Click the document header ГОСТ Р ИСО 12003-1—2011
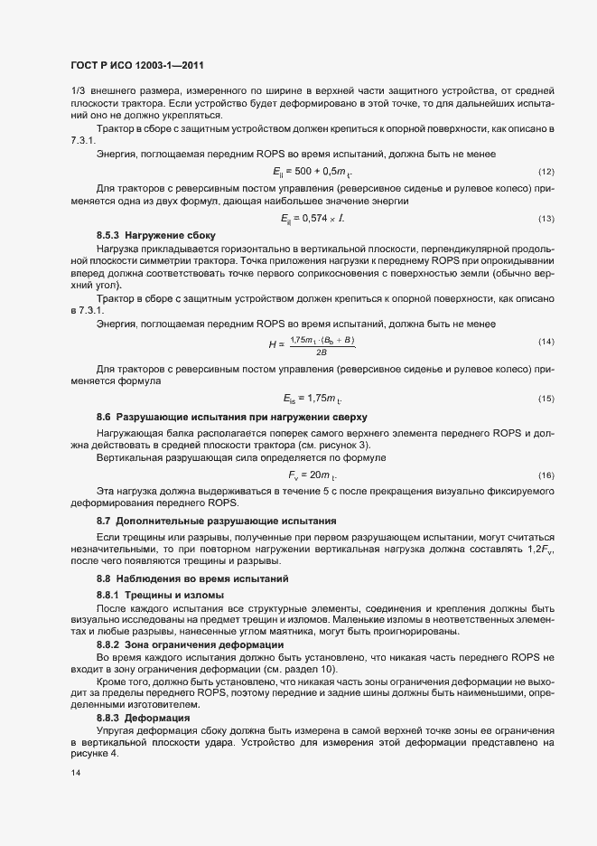click(144, 65)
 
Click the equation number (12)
click(546, 172)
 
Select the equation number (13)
click(546, 219)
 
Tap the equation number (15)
click(546, 399)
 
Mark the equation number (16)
click(546, 475)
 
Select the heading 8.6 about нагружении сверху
click(232, 417)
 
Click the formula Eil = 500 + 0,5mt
click(312, 172)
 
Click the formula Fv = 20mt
click(312, 475)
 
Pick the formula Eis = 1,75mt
click(312, 399)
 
